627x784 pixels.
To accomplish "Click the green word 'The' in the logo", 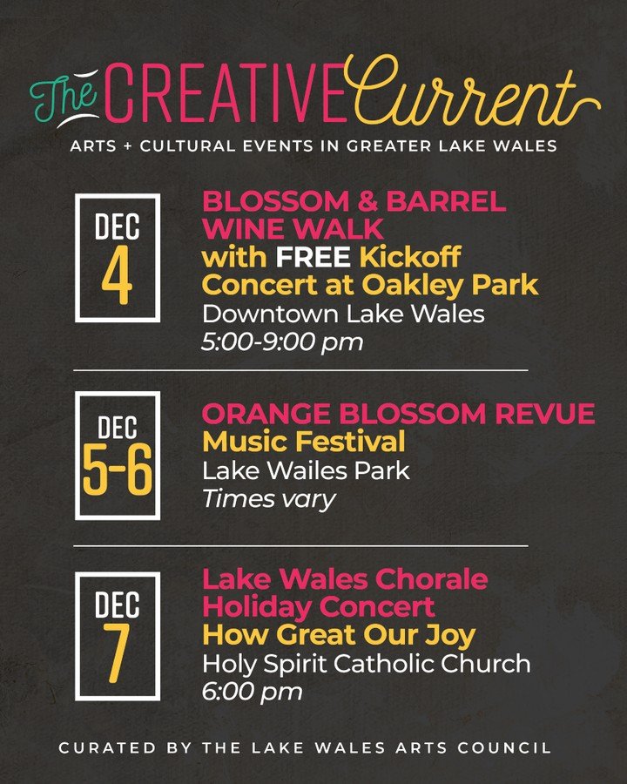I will pos(57,103).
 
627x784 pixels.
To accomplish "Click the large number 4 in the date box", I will pos(117,278).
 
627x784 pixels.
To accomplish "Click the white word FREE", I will pos(313,259).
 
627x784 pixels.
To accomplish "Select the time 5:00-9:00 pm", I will pos(281,342).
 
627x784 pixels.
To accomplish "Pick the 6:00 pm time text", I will pos(253,692).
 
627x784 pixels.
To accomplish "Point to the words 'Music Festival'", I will pos(303,442).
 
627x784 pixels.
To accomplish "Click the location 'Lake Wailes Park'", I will pos(306,471).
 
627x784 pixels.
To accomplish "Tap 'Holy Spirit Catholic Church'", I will pos(366,663).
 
